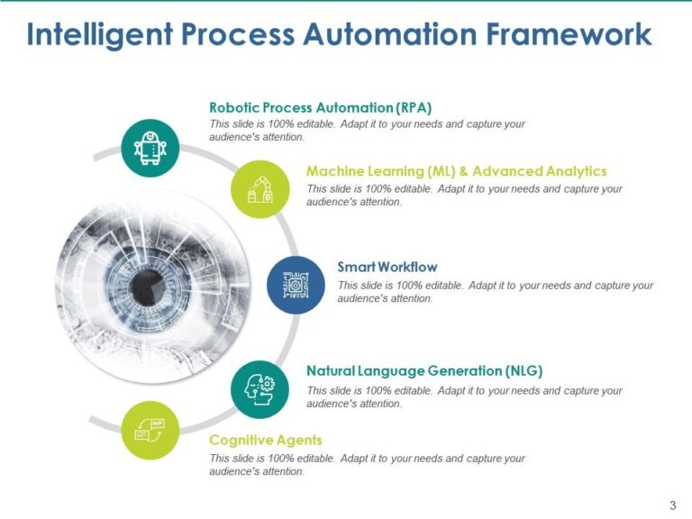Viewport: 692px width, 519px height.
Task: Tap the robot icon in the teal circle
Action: [x=150, y=148]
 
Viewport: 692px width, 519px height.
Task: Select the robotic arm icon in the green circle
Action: [x=259, y=188]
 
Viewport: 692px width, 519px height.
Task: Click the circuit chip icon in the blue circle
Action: [x=296, y=285]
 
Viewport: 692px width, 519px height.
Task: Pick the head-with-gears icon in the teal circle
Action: [x=259, y=389]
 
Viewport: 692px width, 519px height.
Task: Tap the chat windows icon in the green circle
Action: [x=150, y=430]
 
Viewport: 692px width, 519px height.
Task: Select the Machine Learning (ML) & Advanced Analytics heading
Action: [x=456, y=171]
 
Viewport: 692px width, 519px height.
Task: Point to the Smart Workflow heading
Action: [x=387, y=267]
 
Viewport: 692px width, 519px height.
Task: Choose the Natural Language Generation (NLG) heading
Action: [x=424, y=371]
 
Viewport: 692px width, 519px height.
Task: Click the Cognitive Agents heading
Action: [x=265, y=440]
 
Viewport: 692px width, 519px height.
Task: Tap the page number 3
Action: [x=672, y=504]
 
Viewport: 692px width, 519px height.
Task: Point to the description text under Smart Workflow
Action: [x=495, y=292]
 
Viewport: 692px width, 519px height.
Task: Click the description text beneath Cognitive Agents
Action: [x=367, y=465]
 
